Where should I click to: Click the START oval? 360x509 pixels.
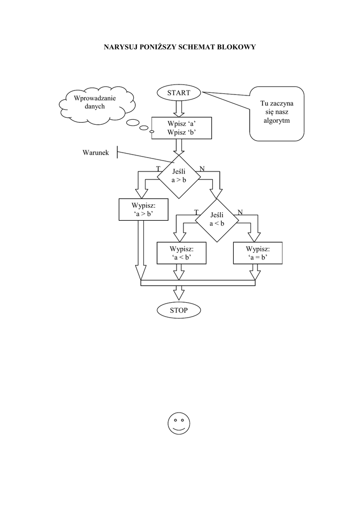coord(179,92)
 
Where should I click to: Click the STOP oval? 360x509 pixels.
coord(179,310)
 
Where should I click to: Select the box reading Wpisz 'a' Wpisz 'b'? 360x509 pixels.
coord(181,128)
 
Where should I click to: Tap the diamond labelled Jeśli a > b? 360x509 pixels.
coord(179,175)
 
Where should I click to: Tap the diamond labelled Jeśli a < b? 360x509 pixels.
coord(217,219)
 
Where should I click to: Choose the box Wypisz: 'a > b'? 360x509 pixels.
coord(143,209)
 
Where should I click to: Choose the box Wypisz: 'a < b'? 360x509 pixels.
coord(181,253)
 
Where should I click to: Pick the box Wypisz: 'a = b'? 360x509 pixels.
coord(258,253)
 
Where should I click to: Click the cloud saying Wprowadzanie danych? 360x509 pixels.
coord(96,102)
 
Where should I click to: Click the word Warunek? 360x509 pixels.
coord(95,152)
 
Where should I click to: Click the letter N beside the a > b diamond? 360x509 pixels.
coord(202,169)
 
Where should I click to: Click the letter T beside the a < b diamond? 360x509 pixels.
coord(196,212)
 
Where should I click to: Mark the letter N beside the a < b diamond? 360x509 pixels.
coord(240,212)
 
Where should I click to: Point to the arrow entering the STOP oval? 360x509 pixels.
coord(179,292)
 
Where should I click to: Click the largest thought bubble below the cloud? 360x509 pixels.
coord(133,123)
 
